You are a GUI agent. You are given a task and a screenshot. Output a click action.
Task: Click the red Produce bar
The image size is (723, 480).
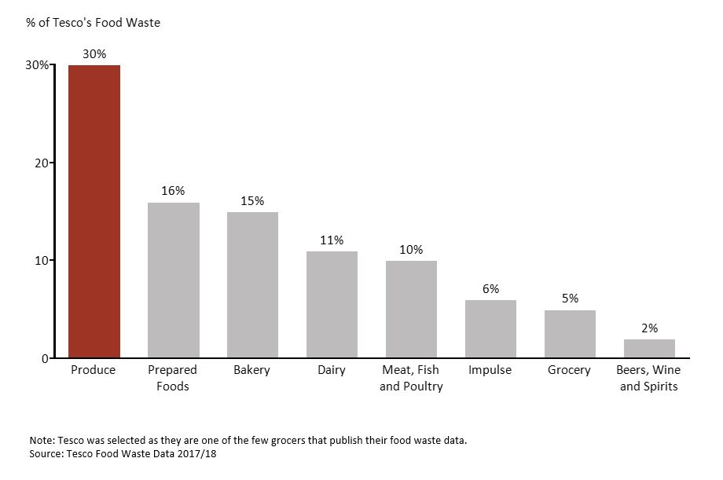94,211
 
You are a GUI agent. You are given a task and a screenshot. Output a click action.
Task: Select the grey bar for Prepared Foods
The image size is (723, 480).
174,280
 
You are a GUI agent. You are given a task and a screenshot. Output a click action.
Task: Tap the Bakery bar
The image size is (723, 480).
252,285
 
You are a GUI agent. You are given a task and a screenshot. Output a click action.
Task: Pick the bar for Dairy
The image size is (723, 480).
332,305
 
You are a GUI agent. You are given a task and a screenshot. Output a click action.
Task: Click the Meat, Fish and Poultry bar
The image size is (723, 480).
411,310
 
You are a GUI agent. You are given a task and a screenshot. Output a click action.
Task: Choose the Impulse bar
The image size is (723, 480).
490,329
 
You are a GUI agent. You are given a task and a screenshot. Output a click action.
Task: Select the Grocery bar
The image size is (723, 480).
570,334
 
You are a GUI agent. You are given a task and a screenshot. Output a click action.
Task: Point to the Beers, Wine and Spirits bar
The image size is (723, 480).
649,349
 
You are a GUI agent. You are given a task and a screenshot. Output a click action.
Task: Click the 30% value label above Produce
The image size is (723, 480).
94,53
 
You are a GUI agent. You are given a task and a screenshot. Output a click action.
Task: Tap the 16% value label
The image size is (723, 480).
174,191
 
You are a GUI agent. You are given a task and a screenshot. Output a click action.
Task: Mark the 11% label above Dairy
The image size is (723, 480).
332,240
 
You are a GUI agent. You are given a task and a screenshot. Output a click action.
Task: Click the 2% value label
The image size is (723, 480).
649,328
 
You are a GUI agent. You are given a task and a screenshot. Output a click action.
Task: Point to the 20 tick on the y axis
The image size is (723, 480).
39,163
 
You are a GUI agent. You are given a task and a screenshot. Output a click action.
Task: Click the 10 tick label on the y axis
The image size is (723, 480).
39,260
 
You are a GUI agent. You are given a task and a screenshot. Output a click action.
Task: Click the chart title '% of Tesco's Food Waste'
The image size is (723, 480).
93,23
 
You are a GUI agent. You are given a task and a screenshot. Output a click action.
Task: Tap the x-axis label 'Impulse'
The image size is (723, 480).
490,370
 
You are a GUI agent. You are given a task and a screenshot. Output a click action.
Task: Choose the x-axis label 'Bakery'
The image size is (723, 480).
252,370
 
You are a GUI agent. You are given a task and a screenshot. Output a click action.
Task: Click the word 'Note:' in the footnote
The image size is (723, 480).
42,440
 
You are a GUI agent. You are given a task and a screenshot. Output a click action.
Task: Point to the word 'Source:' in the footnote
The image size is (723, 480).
47,454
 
